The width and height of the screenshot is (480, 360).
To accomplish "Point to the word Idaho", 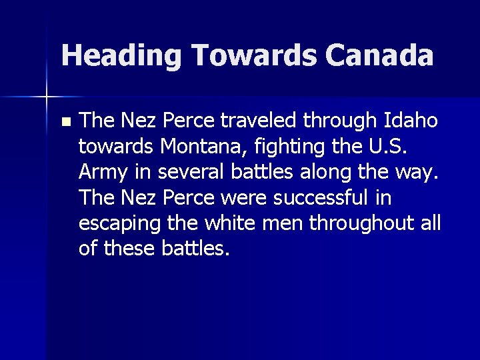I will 411,121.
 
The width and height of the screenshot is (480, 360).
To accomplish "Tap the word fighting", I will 281,147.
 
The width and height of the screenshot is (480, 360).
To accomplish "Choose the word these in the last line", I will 129,248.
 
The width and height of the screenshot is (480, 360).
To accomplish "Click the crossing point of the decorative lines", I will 47,97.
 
